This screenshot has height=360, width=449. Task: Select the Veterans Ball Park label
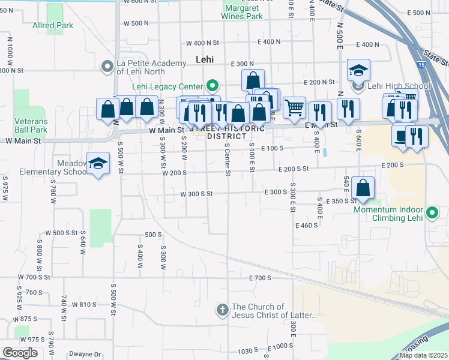[x=31, y=125]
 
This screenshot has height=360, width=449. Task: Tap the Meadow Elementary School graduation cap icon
[x=98, y=163]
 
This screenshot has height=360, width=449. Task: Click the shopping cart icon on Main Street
[x=294, y=107]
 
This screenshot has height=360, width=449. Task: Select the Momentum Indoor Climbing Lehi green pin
[x=432, y=213]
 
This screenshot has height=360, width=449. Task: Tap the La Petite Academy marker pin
[x=108, y=67]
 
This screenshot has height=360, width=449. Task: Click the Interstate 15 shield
[x=423, y=65]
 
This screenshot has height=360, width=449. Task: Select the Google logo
[x=20, y=353]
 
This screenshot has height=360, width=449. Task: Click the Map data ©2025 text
[x=424, y=355]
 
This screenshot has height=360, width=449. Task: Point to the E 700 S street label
[x=260, y=278]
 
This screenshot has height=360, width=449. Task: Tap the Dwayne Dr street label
[x=84, y=354]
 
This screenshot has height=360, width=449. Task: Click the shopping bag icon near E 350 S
[x=363, y=187]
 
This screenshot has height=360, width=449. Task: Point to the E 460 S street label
[x=306, y=226]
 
